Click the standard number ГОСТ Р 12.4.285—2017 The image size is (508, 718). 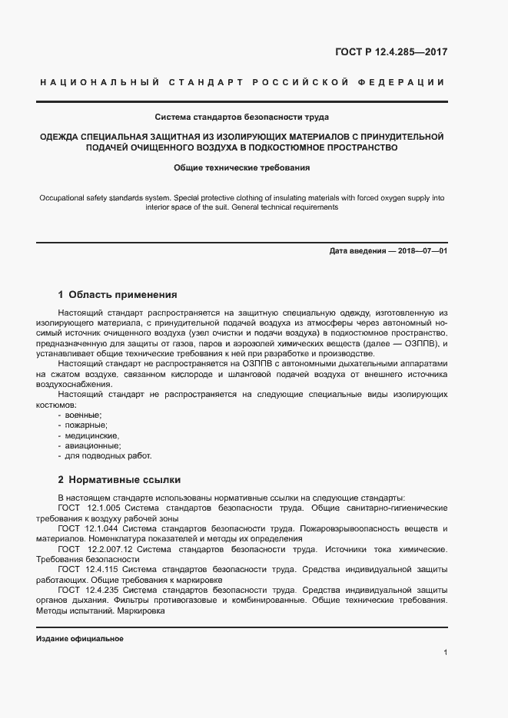[392, 53]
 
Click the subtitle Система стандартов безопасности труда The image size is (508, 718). [242, 117]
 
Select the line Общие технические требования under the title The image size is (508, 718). [242, 167]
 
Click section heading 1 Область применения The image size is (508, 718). [118, 294]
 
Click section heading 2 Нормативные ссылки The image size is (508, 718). [119, 479]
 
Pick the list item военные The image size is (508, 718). [83, 414]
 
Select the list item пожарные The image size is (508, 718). [86, 425]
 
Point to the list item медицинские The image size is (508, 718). [91, 435]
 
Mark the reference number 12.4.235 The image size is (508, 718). [101, 590]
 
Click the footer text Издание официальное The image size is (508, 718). [79, 639]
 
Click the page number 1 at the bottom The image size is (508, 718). [445, 653]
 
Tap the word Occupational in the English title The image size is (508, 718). [64, 198]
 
